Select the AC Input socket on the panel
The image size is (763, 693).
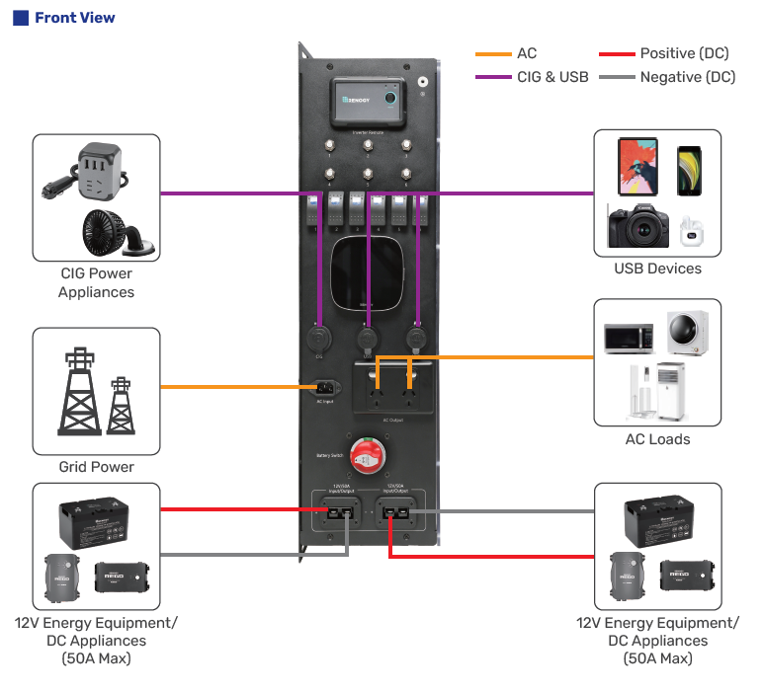[325, 387]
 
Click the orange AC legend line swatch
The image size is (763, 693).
[493, 53]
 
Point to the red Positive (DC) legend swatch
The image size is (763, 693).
[616, 53]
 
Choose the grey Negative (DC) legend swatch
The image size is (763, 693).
[616, 77]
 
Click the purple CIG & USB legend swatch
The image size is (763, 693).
[493, 77]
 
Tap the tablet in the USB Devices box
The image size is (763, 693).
[637, 166]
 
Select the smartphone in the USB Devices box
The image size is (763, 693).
[690, 171]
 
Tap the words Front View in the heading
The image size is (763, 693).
[74, 18]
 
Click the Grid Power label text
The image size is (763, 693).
[97, 467]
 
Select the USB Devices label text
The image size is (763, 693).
[657, 269]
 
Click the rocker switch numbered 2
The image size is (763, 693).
[336, 212]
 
